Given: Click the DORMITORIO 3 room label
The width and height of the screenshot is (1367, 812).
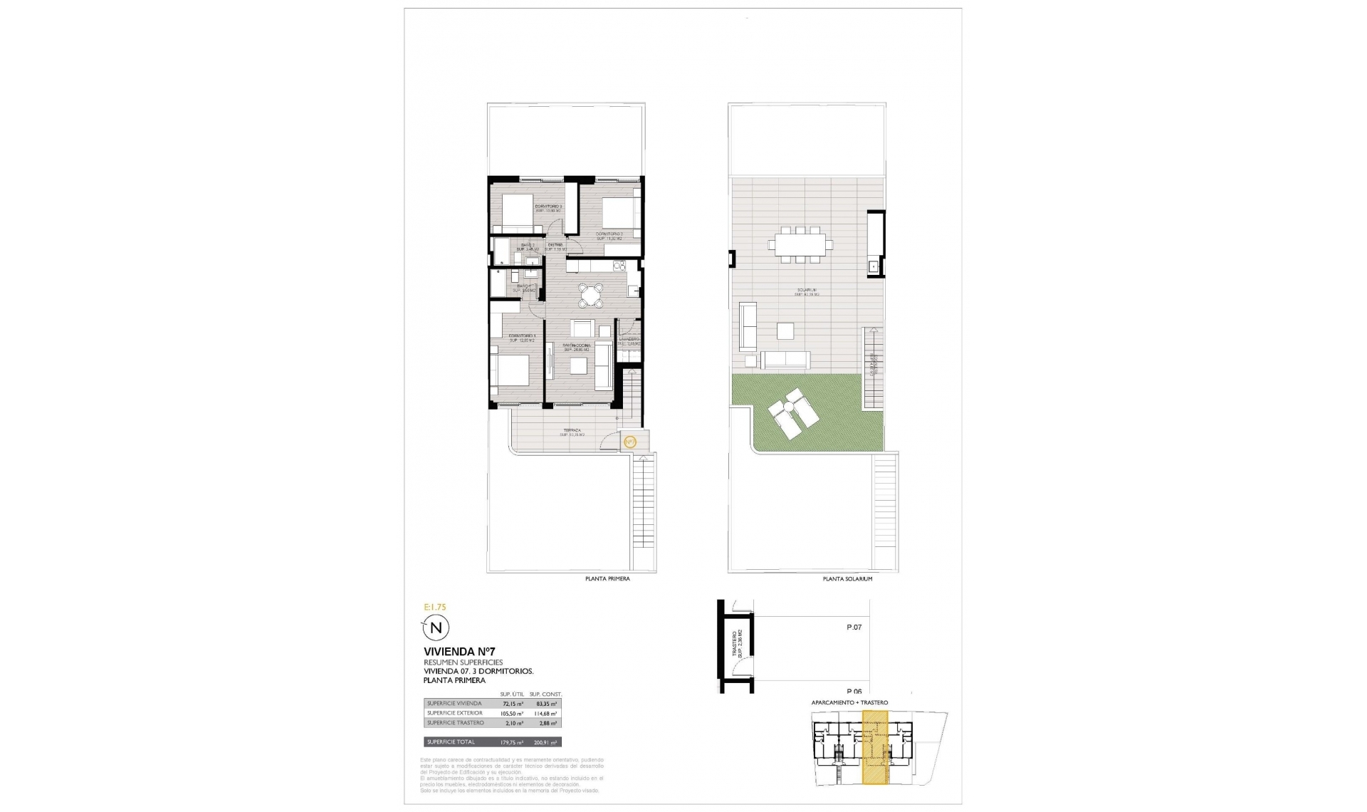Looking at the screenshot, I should click(x=548, y=207).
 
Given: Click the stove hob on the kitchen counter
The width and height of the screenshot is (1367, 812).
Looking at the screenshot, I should click(x=619, y=266).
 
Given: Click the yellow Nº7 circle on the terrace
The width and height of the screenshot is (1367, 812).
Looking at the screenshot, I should click(x=629, y=442).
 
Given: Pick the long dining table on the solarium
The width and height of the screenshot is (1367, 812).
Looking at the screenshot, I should click(x=800, y=244).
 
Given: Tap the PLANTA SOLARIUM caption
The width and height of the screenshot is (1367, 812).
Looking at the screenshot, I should click(x=847, y=579).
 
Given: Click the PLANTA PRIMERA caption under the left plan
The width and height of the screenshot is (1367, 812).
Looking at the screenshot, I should click(x=607, y=579).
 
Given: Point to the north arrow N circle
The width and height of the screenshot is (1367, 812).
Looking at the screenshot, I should click(x=437, y=628).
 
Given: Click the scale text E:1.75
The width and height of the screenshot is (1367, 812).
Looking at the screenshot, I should click(x=434, y=608).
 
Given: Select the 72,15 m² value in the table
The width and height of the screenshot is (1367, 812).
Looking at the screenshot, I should click(x=513, y=704).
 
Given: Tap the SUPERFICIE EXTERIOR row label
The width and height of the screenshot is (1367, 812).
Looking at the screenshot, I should click(x=454, y=713).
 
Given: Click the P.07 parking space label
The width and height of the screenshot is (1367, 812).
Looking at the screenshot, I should click(x=854, y=628).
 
